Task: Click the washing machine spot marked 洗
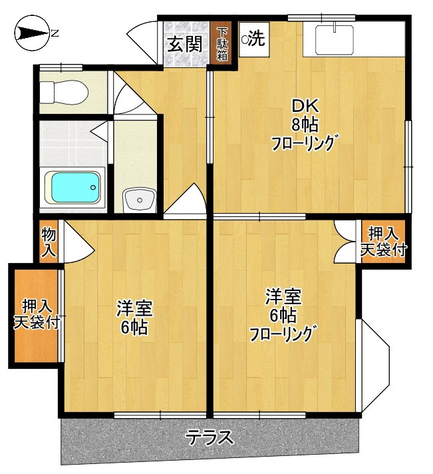click(253, 39)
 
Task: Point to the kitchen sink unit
click(337, 39)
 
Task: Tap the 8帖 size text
click(304, 123)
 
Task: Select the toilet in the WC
click(62, 91)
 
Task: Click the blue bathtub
click(74, 188)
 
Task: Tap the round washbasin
click(140, 198)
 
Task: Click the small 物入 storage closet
click(49, 242)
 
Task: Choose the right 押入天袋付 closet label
click(384, 242)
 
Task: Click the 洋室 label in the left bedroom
click(134, 309)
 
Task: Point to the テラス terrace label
click(210, 437)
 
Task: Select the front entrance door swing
click(143, 40)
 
